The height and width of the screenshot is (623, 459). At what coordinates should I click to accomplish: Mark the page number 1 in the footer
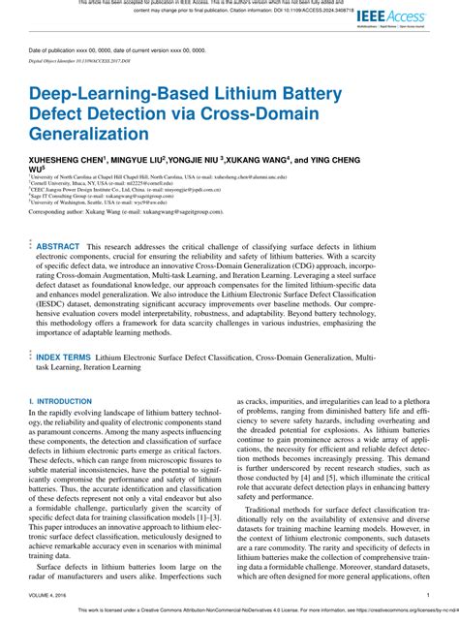pos(427,594)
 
